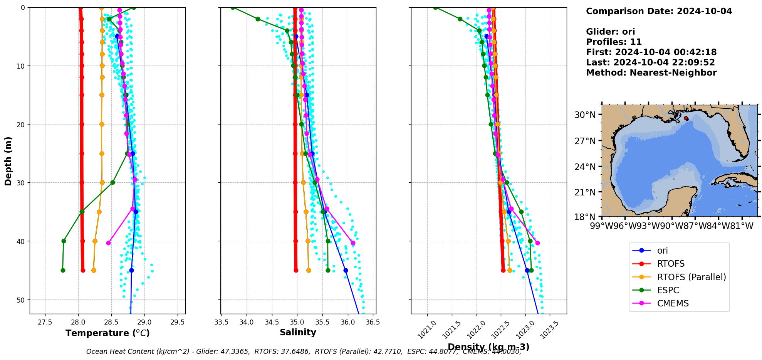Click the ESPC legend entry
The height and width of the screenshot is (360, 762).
tap(668, 290)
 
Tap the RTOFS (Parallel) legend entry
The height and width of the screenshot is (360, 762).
tap(691, 277)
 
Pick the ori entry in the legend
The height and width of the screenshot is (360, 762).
tap(662, 251)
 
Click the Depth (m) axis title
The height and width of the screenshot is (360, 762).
tap(8, 161)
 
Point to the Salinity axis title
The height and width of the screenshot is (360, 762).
tap(298, 332)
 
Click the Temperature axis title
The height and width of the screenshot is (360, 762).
tap(107, 333)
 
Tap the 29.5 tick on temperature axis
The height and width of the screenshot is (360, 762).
tap(177, 322)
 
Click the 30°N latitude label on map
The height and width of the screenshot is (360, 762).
tap(585, 115)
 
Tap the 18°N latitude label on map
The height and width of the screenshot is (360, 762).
tap(585, 217)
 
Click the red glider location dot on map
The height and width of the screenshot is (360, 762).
tap(686, 118)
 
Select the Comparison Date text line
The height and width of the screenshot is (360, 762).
tap(659, 11)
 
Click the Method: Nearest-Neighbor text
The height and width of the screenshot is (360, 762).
tap(651, 73)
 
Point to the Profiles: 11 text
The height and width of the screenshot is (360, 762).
tap(614, 42)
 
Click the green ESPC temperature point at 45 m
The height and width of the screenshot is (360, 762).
tap(63, 270)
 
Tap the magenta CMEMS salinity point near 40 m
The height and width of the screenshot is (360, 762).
tap(353, 243)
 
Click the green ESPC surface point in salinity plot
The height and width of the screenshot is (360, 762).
tap(233, 8)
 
